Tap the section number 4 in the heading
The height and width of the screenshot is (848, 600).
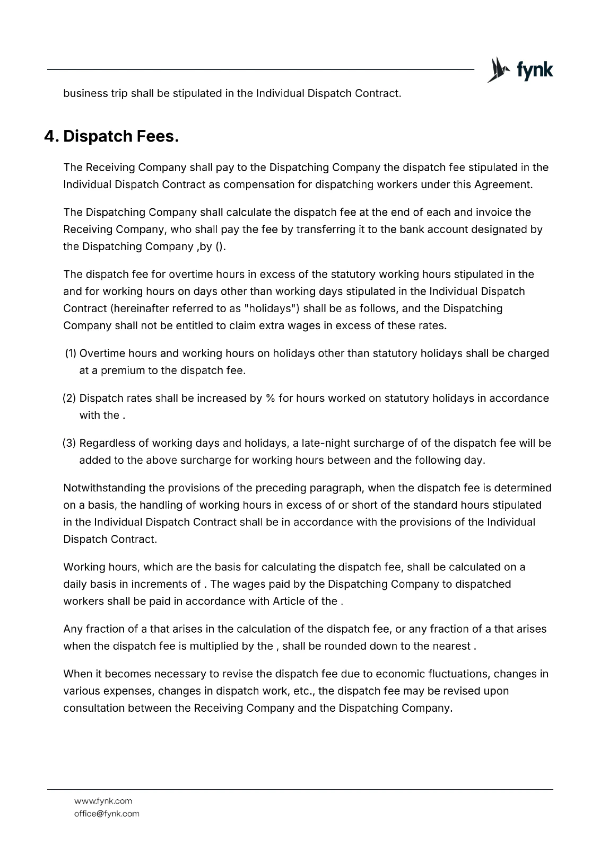50,137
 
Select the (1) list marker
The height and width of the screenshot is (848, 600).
71,354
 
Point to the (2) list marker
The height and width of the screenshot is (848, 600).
70,398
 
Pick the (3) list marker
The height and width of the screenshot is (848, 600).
70,443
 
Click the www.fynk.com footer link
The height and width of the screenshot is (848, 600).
103,801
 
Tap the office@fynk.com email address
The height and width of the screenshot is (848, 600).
107,814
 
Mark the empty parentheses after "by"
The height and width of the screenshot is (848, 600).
224,246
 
